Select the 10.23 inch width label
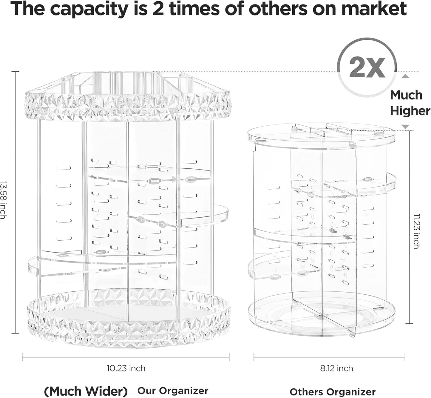[126, 368]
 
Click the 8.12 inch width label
[337, 368]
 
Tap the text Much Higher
[410, 103]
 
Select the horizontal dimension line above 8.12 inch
[329, 357]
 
